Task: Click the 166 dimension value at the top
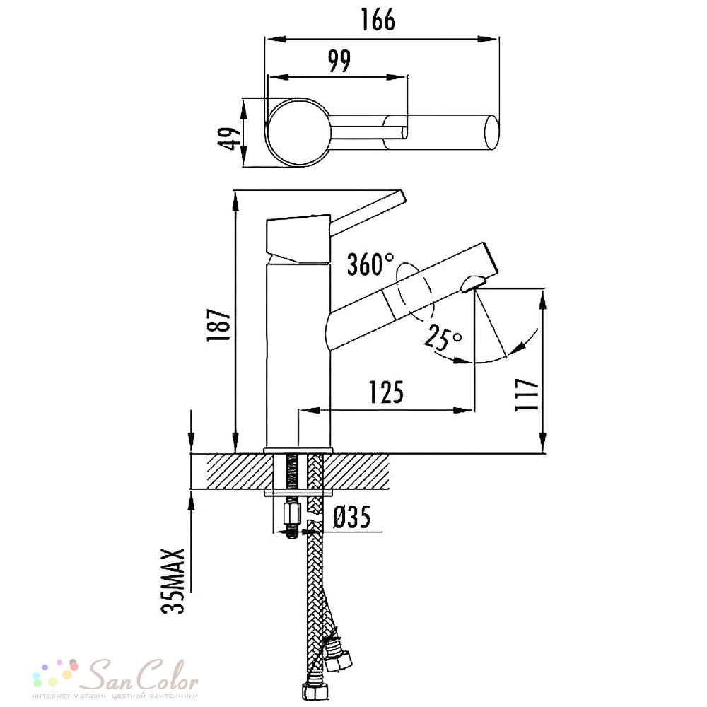click(378, 19)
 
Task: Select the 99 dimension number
click(339, 61)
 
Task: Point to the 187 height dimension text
click(219, 325)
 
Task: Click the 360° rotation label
click(370, 264)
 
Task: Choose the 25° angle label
click(443, 337)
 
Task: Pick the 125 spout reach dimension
click(387, 392)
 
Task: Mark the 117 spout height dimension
click(527, 395)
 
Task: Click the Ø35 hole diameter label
click(352, 517)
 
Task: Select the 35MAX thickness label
click(173, 581)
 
